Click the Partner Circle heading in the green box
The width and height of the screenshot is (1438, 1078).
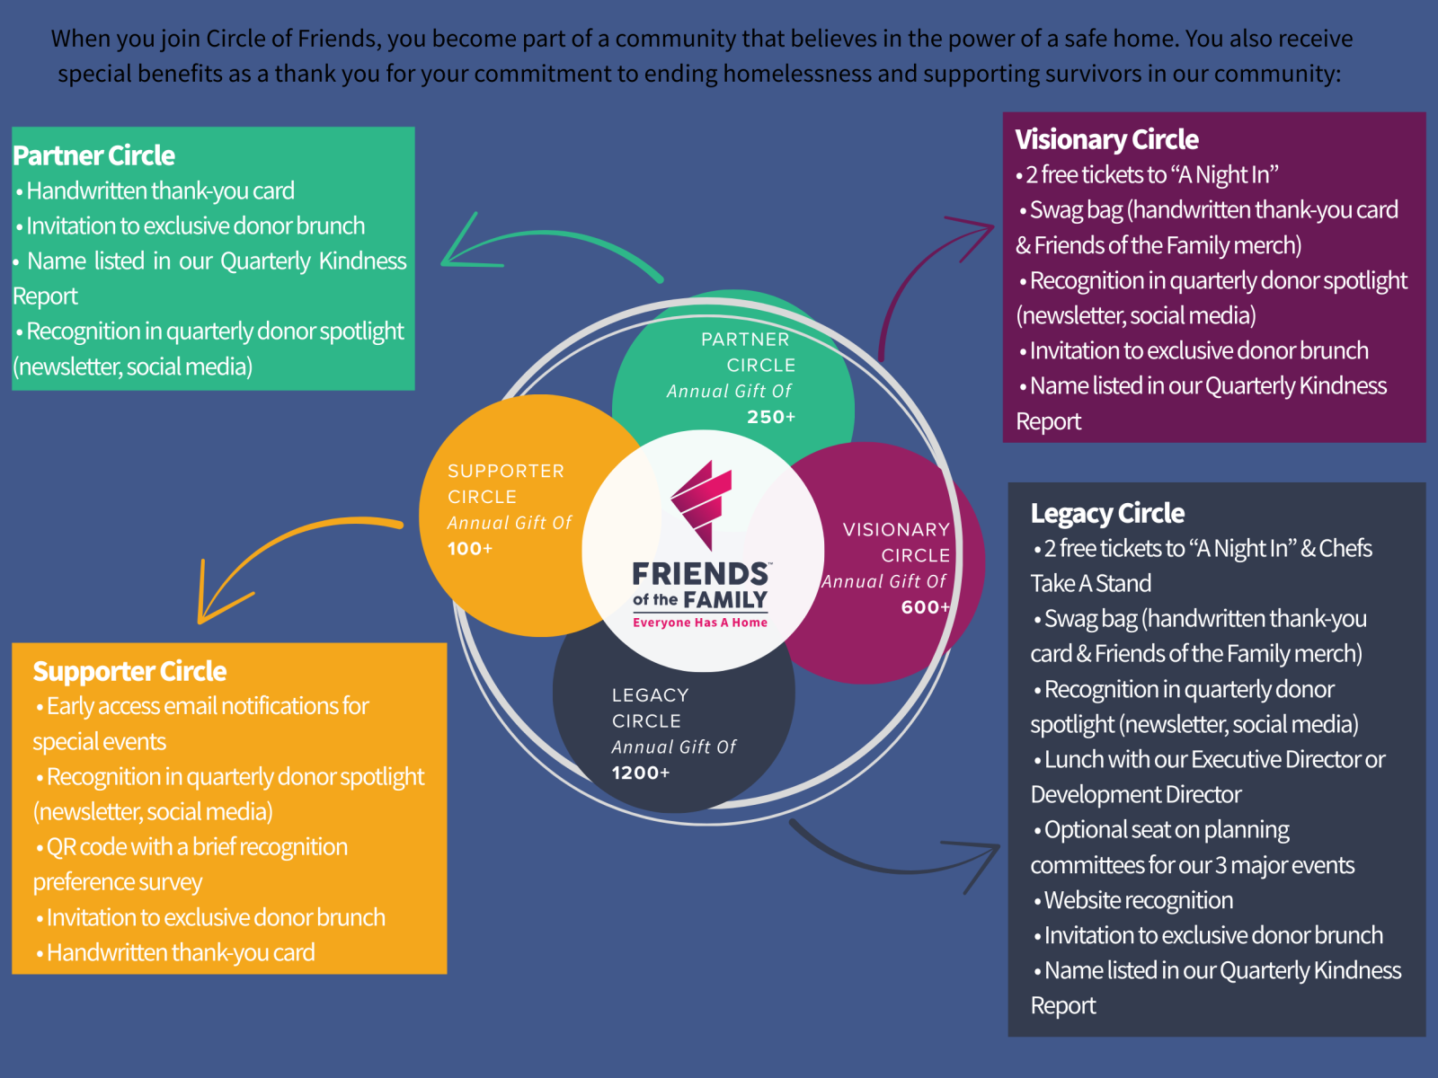click(93, 155)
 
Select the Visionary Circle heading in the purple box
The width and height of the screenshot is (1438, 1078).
click(1106, 139)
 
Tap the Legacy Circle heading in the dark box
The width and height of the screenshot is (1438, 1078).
click(1107, 513)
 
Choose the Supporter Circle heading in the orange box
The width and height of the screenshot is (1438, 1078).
click(129, 671)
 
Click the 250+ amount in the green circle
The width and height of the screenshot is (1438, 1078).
click(771, 417)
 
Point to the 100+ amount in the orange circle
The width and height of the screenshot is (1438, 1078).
click(470, 549)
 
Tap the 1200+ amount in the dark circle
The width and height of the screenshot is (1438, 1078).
click(641, 773)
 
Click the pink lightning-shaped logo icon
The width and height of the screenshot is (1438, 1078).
click(702, 504)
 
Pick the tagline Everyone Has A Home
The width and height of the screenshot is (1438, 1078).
click(700, 623)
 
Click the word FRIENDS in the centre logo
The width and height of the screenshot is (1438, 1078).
click(700, 573)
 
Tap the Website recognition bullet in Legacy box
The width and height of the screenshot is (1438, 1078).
click(1139, 900)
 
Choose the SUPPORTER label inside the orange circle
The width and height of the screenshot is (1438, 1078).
click(506, 471)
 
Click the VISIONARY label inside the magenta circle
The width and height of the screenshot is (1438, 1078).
click(896, 530)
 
